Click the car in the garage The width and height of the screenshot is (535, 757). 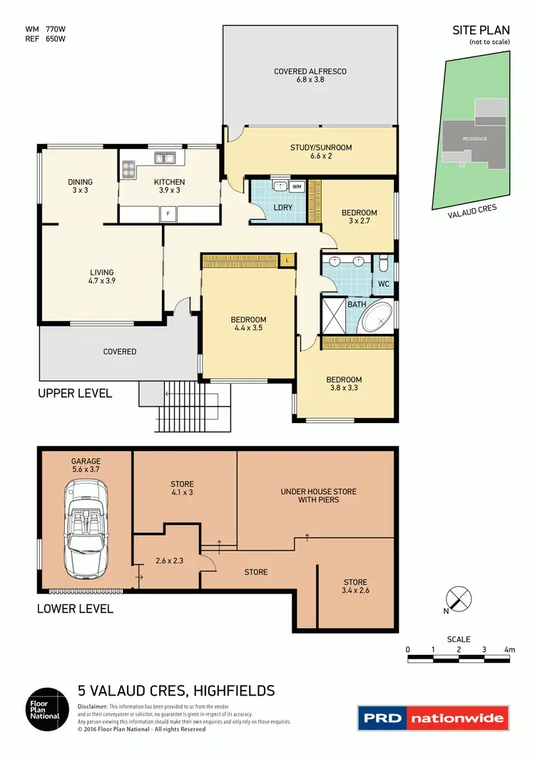[86, 529]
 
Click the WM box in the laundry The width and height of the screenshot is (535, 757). [297, 187]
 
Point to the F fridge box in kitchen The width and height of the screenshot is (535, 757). [168, 213]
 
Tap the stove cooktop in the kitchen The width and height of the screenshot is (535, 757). [130, 169]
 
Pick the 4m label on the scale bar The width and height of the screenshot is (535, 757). [509, 650]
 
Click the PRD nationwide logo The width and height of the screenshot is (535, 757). [433, 718]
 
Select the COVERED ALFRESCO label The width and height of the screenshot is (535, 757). [310, 71]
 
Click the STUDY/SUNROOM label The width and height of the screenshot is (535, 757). [321, 148]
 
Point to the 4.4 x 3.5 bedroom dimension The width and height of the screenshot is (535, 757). [249, 329]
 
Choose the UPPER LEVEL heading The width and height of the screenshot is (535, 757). [75, 393]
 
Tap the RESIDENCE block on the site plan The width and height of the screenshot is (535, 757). [474, 138]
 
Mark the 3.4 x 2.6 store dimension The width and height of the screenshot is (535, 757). [355, 590]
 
